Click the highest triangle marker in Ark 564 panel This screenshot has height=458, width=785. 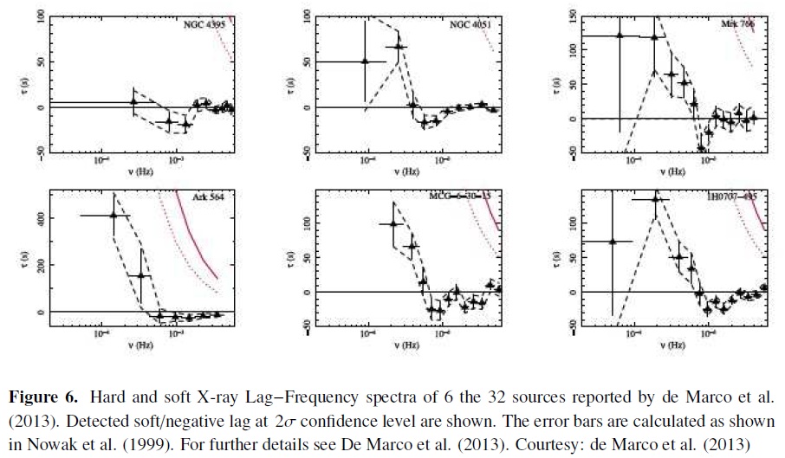(x=114, y=216)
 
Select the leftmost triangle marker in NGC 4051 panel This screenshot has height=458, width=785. (x=365, y=61)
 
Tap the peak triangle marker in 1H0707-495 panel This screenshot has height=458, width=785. (x=656, y=199)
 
